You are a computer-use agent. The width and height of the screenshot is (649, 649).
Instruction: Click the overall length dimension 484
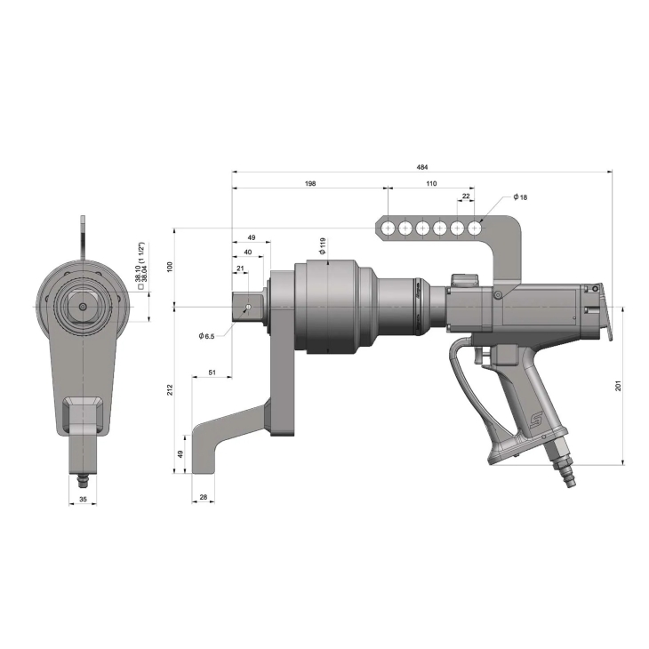pyautogui.click(x=422, y=167)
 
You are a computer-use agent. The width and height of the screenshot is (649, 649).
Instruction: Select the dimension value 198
pyautogui.click(x=310, y=183)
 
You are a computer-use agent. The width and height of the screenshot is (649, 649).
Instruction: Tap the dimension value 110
pyautogui.click(x=431, y=183)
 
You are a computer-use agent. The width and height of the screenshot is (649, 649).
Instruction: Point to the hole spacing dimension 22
pyautogui.click(x=466, y=196)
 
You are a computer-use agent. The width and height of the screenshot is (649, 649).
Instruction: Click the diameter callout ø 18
pyautogui.click(x=520, y=197)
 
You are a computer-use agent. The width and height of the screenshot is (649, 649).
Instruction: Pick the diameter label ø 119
pyautogui.click(x=323, y=246)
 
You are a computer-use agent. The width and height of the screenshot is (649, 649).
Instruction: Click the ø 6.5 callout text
pyautogui.click(x=206, y=336)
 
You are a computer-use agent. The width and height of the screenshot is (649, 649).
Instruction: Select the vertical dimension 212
pyautogui.click(x=170, y=389)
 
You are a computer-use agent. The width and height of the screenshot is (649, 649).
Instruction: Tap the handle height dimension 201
pyautogui.click(x=619, y=386)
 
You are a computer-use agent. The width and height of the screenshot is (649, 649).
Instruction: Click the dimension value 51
pyautogui.click(x=212, y=373)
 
